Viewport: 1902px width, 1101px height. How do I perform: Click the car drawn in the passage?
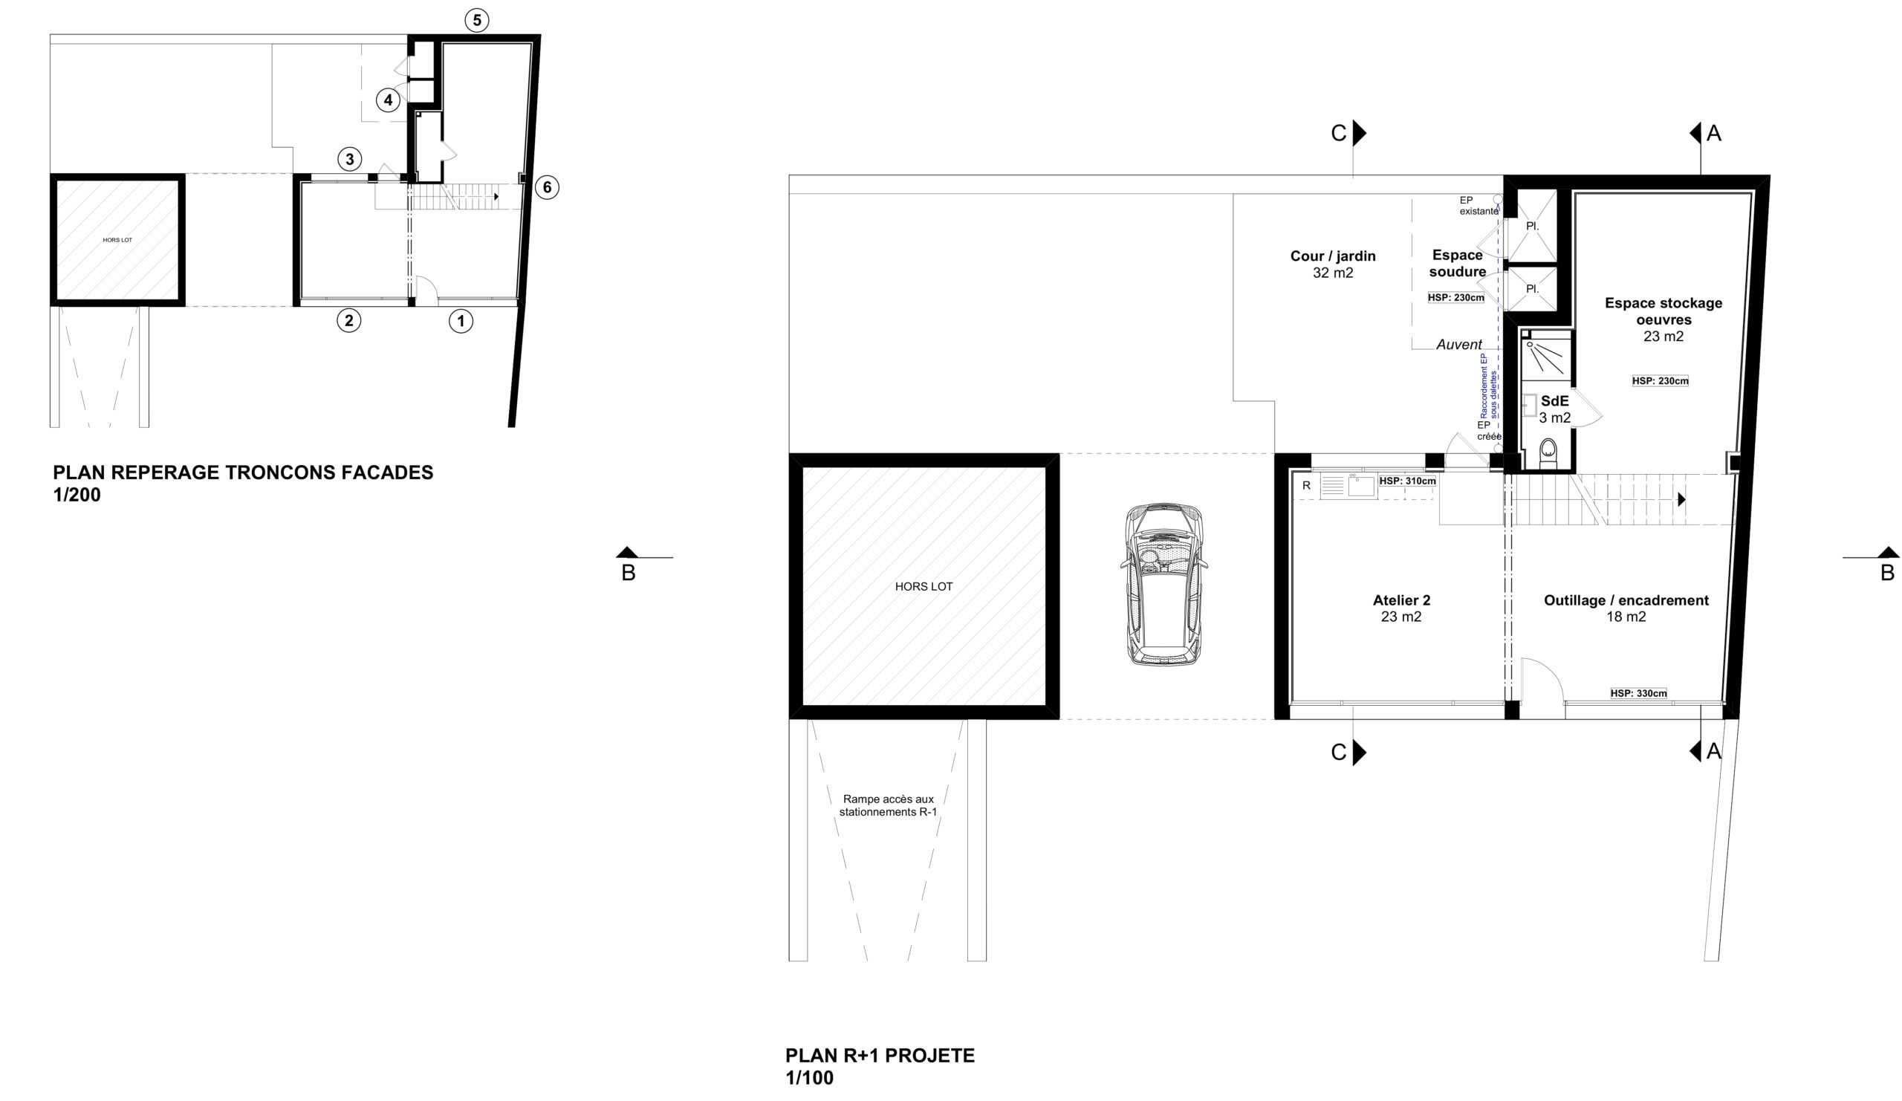(1163, 583)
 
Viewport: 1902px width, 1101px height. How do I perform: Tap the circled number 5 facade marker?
(476, 19)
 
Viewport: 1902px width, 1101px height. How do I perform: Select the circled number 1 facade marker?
(461, 321)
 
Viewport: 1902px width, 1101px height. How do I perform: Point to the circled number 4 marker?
(388, 100)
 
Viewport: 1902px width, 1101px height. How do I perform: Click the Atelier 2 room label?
(1400, 608)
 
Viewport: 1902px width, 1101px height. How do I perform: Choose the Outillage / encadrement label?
(1626, 608)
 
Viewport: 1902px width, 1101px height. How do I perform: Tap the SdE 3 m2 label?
(1555, 409)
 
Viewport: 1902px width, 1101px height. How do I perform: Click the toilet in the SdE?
(1548, 452)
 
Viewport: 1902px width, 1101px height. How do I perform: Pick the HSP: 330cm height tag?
(1638, 693)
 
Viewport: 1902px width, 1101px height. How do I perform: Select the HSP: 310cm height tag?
(1408, 481)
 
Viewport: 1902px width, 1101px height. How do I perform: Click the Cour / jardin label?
(1333, 264)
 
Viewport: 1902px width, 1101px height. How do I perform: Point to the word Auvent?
(1459, 345)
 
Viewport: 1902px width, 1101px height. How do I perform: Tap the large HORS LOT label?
(924, 586)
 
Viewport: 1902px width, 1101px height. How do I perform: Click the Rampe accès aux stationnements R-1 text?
(889, 805)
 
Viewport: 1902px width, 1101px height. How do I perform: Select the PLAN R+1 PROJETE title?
(880, 1055)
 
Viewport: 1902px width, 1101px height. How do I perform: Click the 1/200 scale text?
(77, 495)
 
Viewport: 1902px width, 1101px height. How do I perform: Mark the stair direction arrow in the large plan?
(1681, 499)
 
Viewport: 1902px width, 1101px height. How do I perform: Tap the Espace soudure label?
(1458, 264)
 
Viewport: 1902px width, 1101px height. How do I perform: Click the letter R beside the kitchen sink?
(1306, 486)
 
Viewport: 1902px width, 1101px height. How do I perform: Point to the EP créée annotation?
(1488, 431)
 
